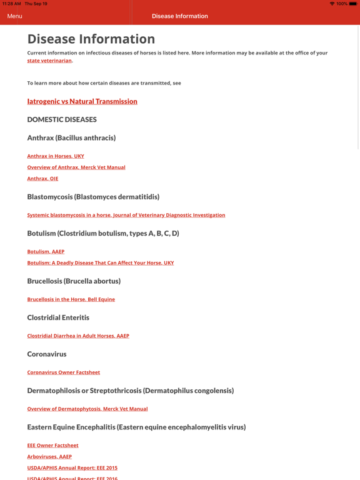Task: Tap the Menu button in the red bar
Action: click(15, 16)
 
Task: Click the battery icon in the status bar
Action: click(353, 4)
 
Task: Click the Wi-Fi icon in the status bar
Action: click(332, 4)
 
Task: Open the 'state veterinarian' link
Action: click(49, 61)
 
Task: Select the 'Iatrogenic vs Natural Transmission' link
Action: click(82, 101)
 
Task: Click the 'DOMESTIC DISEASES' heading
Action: click(62, 119)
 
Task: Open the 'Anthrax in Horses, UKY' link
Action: click(56, 156)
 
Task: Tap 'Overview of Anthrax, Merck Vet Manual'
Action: click(76, 167)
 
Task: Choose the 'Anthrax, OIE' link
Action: click(42, 179)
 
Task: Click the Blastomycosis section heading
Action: click(93, 197)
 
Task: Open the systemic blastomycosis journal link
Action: click(126, 215)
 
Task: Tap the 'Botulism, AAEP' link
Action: click(46, 252)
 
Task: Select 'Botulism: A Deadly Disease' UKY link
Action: click(101, 263)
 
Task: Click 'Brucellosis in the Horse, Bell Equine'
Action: click(71, 299)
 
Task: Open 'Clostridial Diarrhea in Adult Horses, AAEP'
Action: click(78, 336)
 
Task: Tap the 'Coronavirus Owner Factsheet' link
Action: click(64, 372)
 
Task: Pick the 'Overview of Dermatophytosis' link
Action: click(87, 409)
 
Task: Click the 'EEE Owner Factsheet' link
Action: click(53, 446)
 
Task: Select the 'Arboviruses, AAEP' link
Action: click(49, 457)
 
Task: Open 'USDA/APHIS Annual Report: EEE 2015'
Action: click(72, 468)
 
